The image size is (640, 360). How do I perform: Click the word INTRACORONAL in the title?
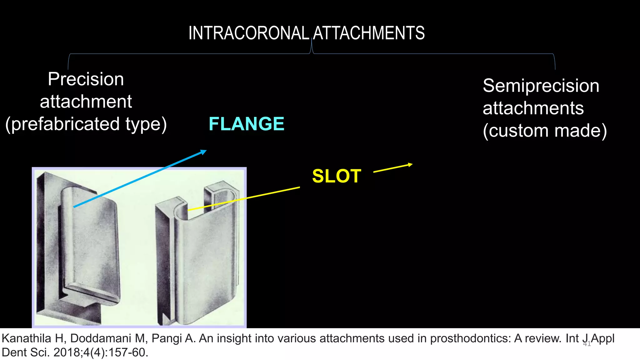248,33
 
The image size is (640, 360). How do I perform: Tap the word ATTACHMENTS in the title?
369,33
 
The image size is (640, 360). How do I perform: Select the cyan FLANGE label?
246,124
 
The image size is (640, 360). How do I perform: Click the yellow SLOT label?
337,176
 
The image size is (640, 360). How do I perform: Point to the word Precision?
86,79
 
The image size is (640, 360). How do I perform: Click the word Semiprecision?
541,86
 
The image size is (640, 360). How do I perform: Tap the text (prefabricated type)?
86,124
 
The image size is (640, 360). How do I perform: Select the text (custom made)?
545,131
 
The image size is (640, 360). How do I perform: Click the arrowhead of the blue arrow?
204,152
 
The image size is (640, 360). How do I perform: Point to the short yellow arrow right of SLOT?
393,168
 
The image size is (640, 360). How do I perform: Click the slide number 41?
587,344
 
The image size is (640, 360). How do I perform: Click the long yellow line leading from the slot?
244,199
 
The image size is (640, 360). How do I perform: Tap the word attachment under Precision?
86,102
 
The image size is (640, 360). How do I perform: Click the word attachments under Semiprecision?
533,108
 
